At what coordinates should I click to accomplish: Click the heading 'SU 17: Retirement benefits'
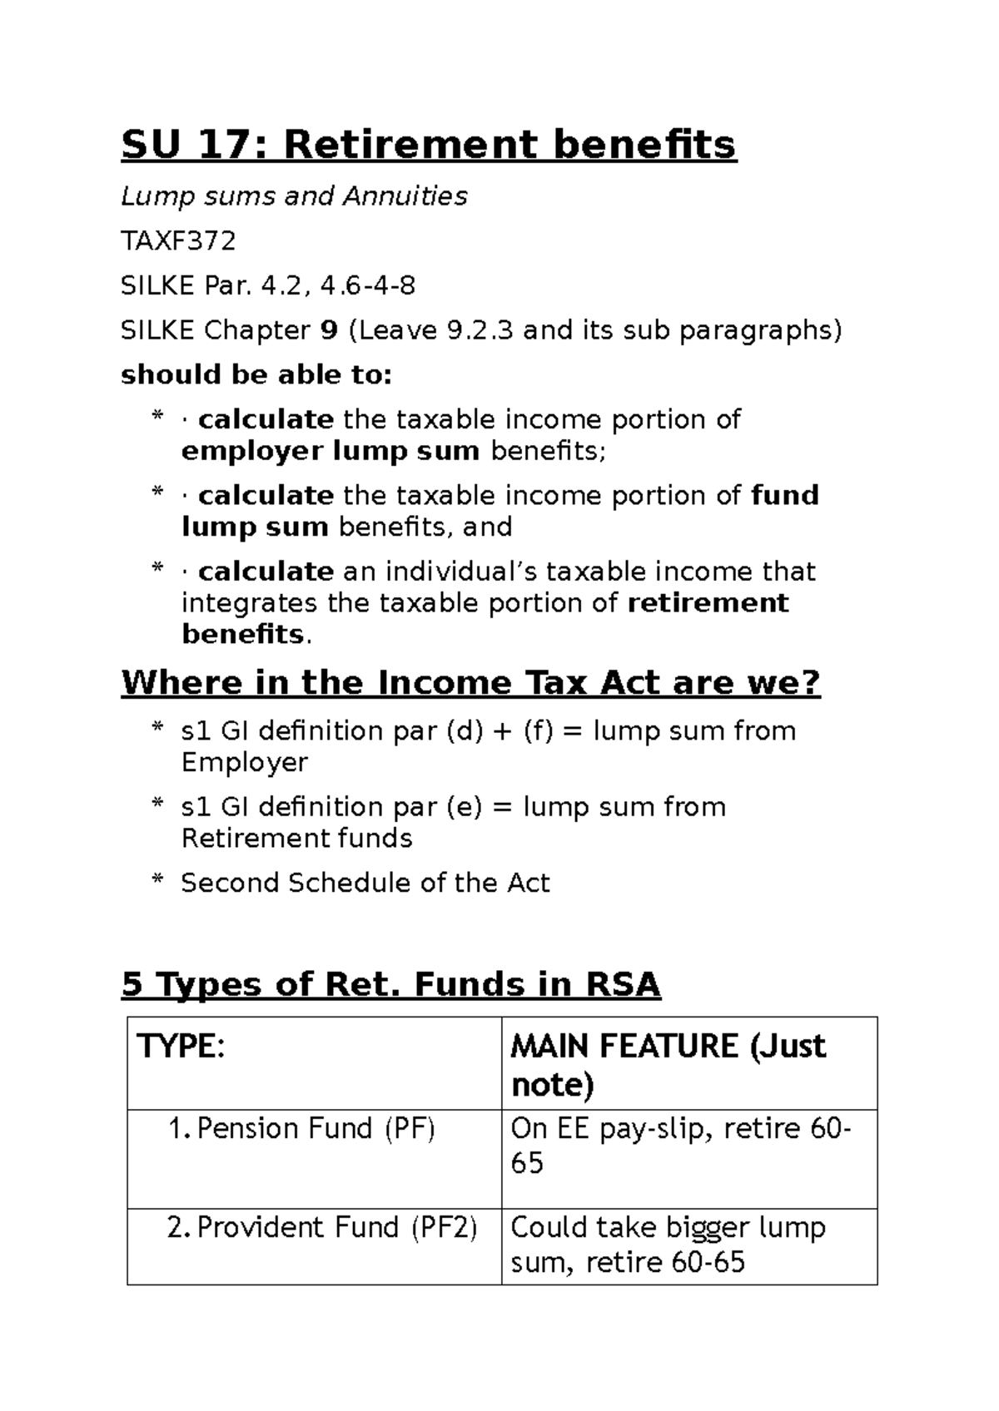[x=428, y=145]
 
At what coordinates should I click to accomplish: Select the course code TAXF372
[x=178, y=241]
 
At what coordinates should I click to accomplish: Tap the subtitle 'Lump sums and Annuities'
[x=294, y=196]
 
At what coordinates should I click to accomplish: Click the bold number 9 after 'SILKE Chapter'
[x=329, y=331]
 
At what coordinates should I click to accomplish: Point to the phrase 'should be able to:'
[x=256, y=375]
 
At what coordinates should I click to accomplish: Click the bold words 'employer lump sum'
[x=330, y=451]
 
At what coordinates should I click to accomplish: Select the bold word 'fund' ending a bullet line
[x=784, y=496]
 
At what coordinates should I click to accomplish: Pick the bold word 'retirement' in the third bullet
[x=707, y=602]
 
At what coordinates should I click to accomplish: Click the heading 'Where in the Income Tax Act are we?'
[x=470, y=683]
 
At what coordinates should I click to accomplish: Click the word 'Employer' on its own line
[x=244, y=762]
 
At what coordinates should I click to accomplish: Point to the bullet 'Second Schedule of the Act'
[x=365, y=883]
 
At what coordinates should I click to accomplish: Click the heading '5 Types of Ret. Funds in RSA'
[x=390, y=985]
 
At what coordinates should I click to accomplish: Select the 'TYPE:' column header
[x=181, y=1047]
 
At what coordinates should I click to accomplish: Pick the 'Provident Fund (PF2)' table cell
[x=321, y=1228]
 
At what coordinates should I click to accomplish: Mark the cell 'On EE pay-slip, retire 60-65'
[x=679, y=1146]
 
